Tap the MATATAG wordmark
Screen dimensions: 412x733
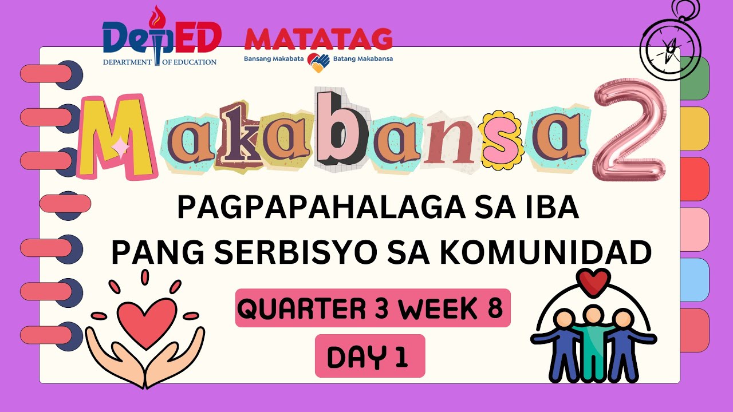pyautogui.click(x=318, y=39)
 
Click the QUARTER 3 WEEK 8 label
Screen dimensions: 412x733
pyautogui.click(x=372, y=309)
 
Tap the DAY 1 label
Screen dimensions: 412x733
pyautogui.click(x=369, y=356)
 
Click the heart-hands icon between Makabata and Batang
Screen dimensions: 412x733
pyautogui.click(x=317, y=62)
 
